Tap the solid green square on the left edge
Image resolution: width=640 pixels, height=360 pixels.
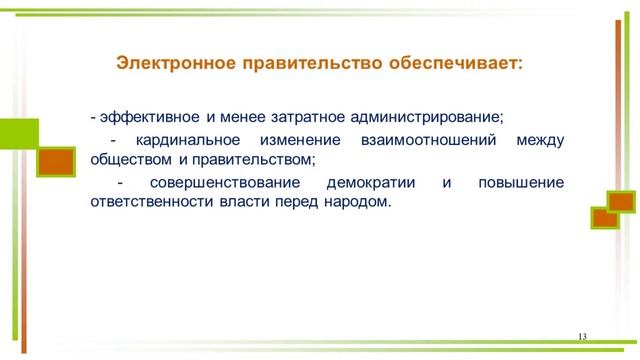17,135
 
